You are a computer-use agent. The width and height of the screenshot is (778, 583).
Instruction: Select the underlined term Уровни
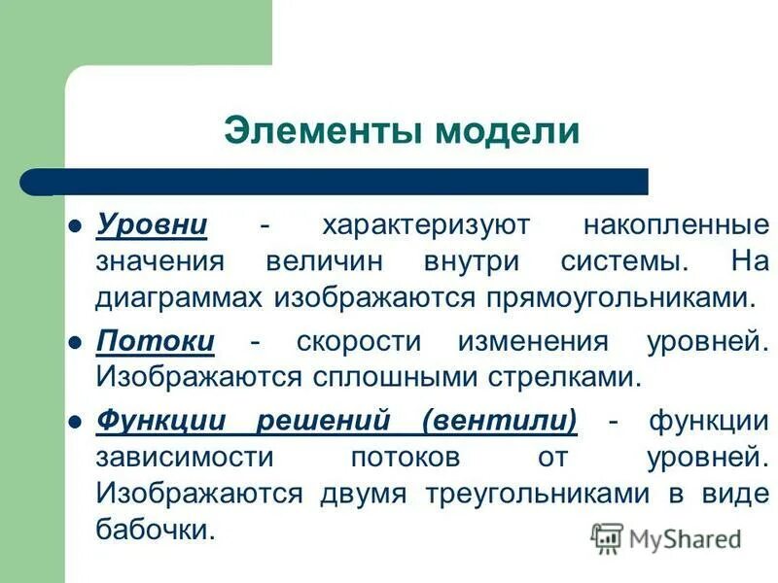point(152,225)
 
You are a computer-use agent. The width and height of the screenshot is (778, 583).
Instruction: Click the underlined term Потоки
point(156,342)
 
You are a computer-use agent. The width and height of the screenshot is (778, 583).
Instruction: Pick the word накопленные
point(676,225)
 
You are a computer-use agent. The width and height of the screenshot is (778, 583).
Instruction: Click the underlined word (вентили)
point(500,422)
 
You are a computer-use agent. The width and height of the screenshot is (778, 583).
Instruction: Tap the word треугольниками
point(538,494)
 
